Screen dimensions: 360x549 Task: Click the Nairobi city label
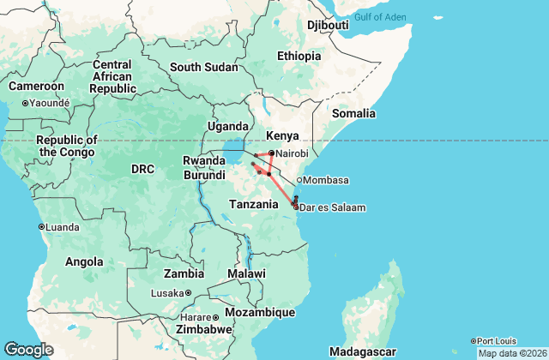pos(293,153)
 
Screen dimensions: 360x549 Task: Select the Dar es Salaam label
pos(333,207)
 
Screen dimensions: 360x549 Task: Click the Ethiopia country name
pos(299,56)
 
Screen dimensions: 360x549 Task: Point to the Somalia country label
pos(354,113)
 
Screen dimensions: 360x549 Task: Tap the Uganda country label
pos(227,127)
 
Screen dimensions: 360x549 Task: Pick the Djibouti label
pos(328,25)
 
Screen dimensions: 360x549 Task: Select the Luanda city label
pos(61,226)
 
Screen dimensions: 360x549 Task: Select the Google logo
pos(28,349)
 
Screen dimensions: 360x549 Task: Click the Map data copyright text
pos(511,353)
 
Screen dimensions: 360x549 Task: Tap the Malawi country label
pos(246,273)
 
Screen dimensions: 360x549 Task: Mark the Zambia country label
pos(184,274)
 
